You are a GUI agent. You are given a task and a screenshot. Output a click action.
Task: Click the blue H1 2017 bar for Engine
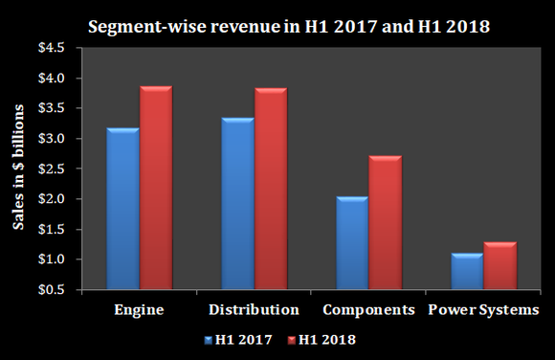[x=122, y=207]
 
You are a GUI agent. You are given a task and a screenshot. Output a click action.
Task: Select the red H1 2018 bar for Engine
[x=155, y=187]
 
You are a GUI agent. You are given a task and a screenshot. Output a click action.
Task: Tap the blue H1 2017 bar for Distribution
[x=237, y=202]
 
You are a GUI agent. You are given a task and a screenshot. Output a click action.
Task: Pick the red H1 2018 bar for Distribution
[x=270, y=188]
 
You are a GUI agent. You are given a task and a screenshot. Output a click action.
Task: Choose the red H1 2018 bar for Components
[x=385, y=221]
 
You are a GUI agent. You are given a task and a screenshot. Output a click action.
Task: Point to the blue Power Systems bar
[x=466, y=270]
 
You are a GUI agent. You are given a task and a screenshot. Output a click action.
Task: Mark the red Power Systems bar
[x=499, y=264]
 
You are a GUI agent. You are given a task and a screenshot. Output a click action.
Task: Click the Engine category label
[x=139, y=309]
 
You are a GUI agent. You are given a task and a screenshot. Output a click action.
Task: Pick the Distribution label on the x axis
[x=254, y=309]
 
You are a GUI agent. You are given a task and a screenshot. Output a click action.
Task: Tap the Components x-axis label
[x=368, y=309]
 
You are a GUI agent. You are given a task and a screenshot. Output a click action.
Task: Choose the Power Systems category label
[x=483, y=309]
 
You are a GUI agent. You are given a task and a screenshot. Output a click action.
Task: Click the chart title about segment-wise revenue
[x=289, y=26]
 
